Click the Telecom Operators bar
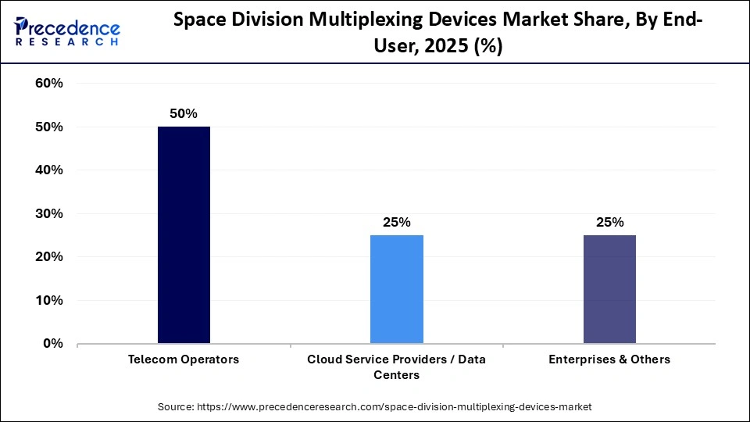tap(184, 234)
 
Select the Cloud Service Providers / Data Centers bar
tap(396, 289)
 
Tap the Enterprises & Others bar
tap(609, 289)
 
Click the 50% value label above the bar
tap(184, 114)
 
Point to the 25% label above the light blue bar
tap(396, 222)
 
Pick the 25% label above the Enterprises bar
tap(609, 222)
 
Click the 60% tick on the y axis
tap(49, 84)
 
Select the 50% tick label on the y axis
tap(49, 127)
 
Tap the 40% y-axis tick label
tap(49, 170)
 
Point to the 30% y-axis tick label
tap(49, 213)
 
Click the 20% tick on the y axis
tap(49, 257)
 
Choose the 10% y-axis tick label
tap(49, 300)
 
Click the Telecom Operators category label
tap(184, 359)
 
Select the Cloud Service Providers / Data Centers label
tap(396, 367)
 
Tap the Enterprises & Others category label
tap(609, 359)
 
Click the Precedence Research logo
tap(67, 31)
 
